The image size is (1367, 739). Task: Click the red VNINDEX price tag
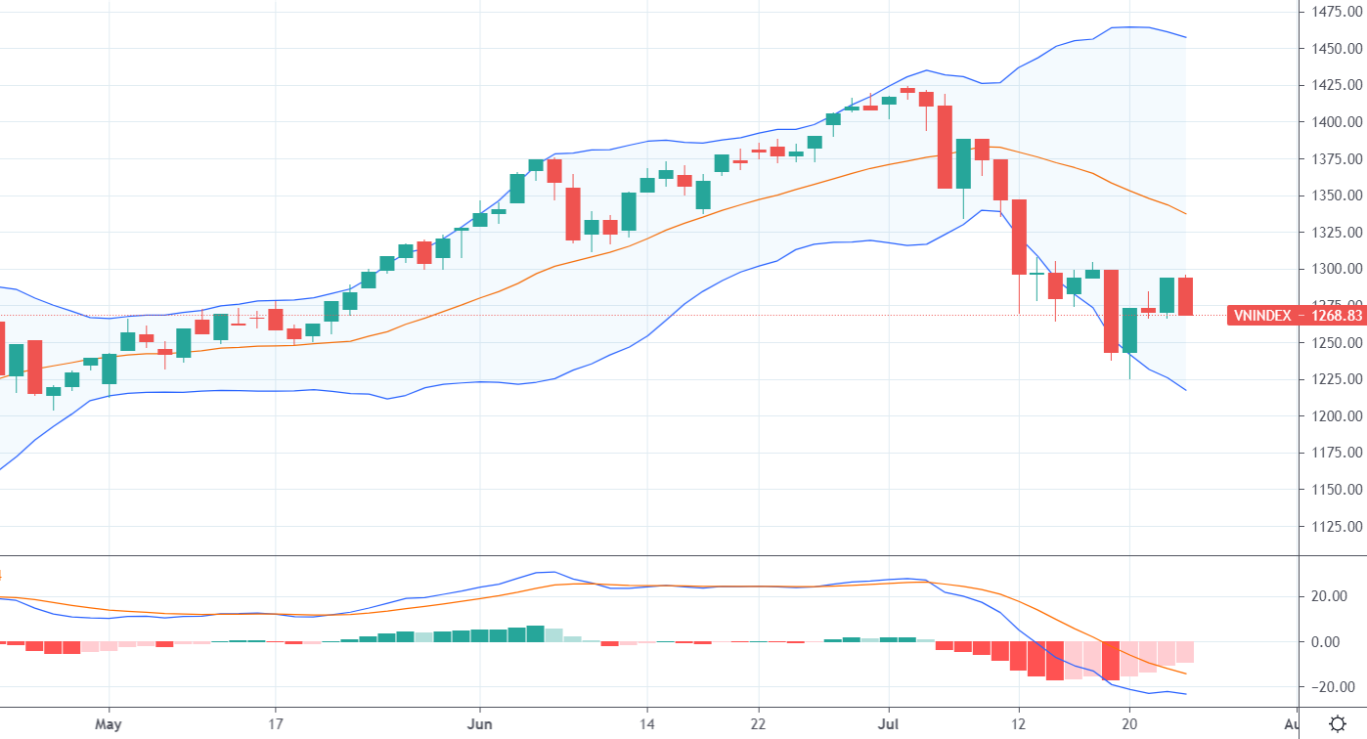[x=1296, y=316]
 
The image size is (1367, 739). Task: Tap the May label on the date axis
[x=109, y=724]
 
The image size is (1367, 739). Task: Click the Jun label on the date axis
[x=480, y=724]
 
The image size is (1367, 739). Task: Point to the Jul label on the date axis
[x=889, y=724]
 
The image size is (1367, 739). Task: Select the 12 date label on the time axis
[x=1019, y=724]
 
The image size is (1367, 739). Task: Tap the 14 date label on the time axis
[x=646, y=724]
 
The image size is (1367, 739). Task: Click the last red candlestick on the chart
[x=1185, y=296]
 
